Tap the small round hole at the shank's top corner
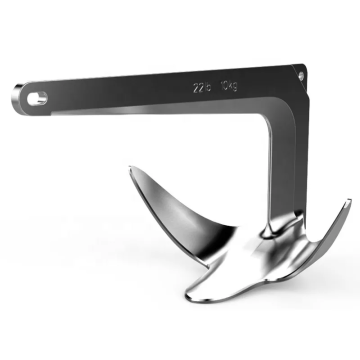tap(300, 70)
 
